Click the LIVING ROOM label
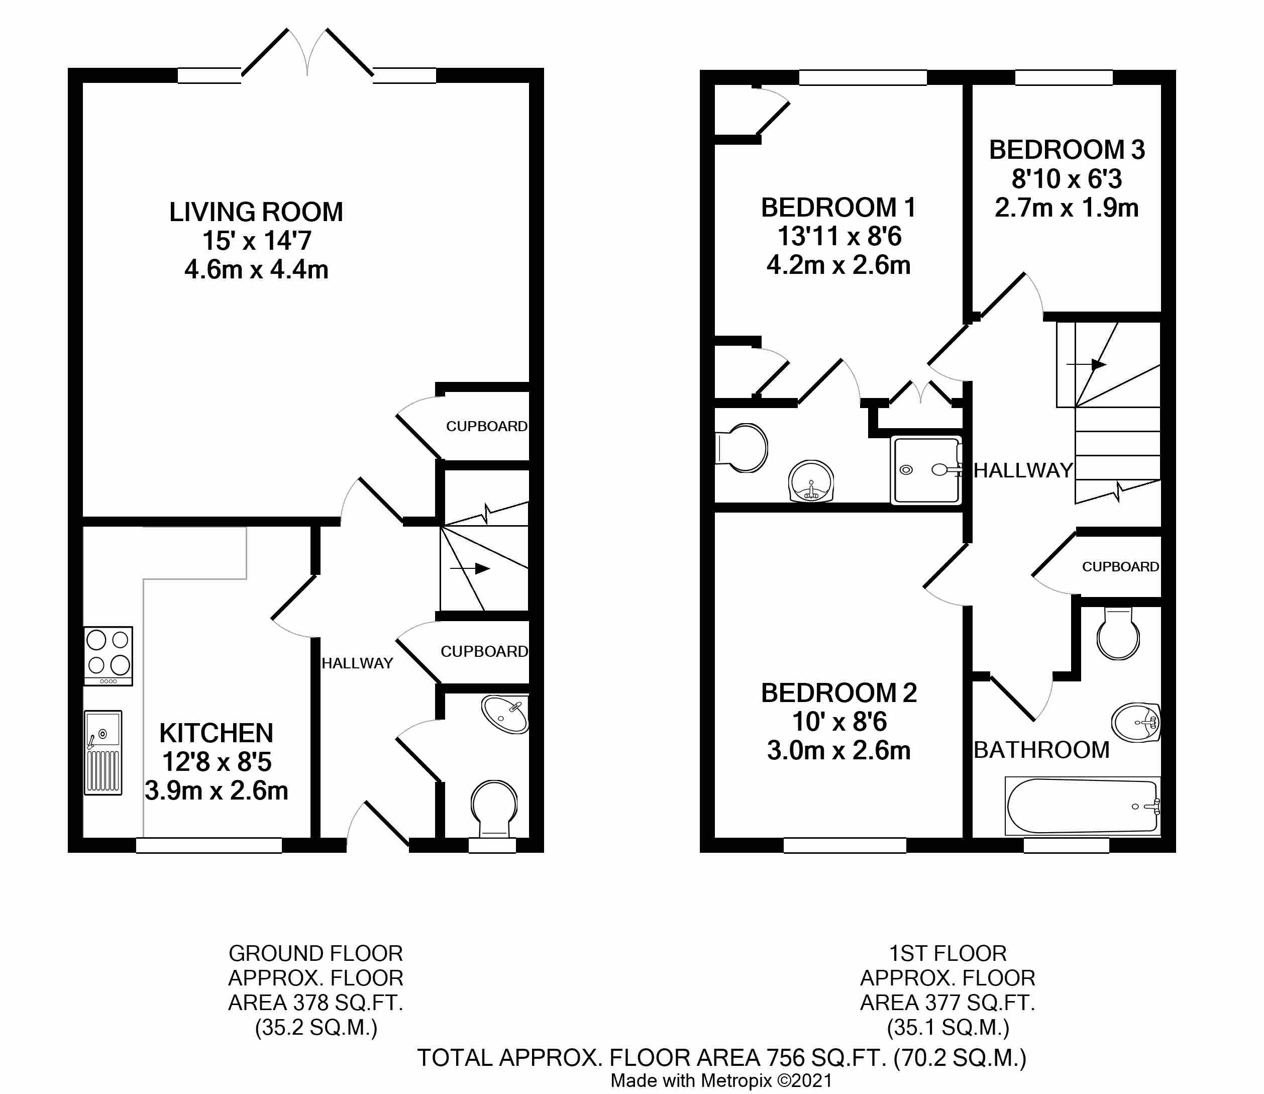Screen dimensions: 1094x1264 coord(256,213)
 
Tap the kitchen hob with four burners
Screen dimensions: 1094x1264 coord(108,656)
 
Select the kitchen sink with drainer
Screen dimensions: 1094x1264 coord(103,752)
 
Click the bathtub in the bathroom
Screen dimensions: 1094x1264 coord(1082,806)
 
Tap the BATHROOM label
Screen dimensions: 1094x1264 coord(1041,750)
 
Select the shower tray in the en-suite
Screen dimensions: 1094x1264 coord(925,470)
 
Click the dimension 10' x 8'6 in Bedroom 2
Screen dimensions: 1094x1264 coord(838,722)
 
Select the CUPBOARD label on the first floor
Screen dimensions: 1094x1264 coord(1120,566)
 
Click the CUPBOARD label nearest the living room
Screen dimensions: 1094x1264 coord(486,426)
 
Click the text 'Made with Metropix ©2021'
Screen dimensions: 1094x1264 coord(721,1080)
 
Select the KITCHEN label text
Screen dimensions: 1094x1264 coord(216,733)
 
